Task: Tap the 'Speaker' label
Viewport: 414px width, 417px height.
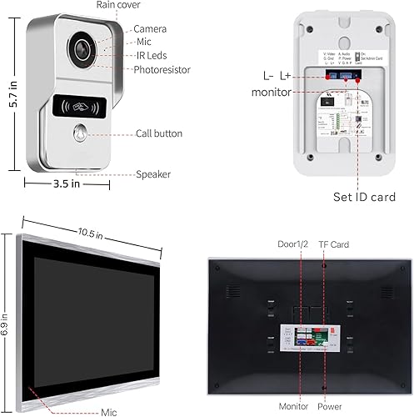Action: [153, 174]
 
